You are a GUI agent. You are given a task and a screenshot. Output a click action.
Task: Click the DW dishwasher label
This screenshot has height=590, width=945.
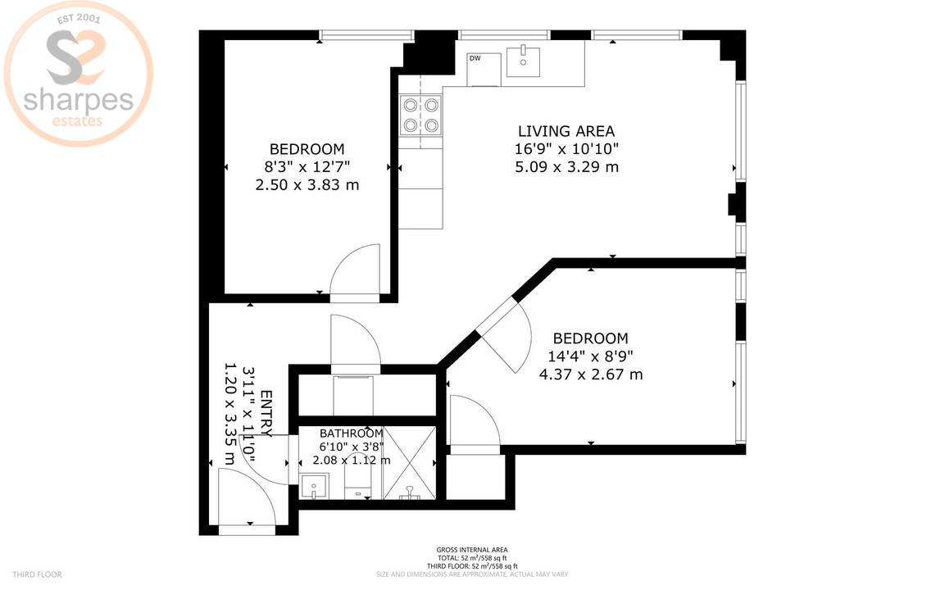[475, 58]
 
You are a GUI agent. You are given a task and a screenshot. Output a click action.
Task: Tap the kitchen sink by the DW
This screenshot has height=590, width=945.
[522, 61]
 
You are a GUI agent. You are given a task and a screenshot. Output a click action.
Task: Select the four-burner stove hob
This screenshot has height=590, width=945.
[420, 115]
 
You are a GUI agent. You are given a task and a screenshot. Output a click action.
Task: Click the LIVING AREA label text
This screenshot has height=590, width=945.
[566, 131]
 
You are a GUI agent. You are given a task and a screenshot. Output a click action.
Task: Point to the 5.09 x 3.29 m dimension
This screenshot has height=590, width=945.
[566, 167]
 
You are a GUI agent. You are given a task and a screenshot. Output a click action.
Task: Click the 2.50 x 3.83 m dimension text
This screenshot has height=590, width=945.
[307, 185]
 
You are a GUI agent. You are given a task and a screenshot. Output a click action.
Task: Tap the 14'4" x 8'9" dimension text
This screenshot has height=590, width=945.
[590, 356]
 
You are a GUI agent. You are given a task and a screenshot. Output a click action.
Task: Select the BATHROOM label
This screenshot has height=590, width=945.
[351, 433]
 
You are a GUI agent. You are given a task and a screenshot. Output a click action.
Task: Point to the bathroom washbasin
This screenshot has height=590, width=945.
[312, 488]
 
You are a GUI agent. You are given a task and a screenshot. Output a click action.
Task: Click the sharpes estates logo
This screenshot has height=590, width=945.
[78, 78]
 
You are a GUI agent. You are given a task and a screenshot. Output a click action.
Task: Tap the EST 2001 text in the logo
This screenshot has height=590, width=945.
[77, 17]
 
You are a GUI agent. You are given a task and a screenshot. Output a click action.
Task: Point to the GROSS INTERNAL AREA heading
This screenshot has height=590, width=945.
[471, 550]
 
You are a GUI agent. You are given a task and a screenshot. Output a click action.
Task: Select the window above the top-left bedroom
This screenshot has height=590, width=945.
[366, 35]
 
